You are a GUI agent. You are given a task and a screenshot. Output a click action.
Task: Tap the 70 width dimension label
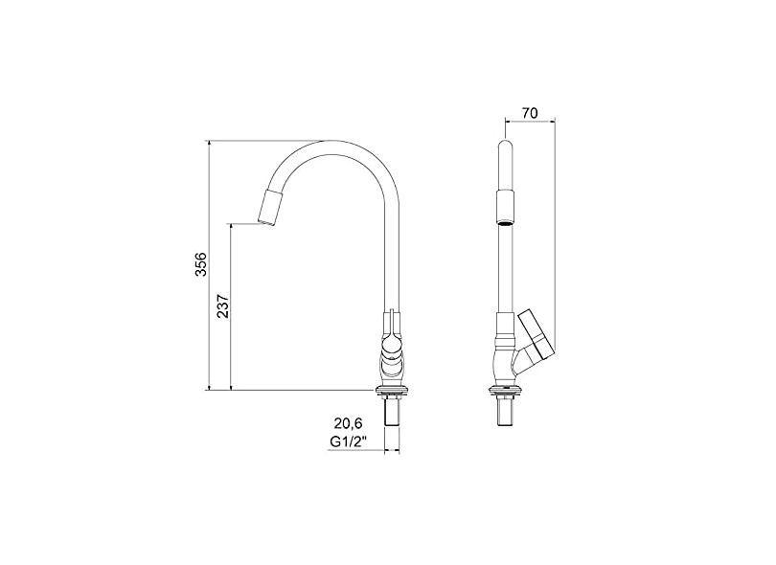click(530, 113)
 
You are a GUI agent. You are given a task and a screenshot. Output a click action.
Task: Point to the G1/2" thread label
click(347, 441)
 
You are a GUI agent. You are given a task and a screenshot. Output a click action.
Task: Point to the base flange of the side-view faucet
click(392, 390)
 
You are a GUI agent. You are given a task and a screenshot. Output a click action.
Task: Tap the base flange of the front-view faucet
click(506, 390)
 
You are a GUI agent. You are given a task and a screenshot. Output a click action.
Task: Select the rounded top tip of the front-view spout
click(506, 147)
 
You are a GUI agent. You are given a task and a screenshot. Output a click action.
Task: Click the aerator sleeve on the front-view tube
click(506, 206)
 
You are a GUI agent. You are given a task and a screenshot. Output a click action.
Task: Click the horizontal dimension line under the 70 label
click(530, 122)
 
